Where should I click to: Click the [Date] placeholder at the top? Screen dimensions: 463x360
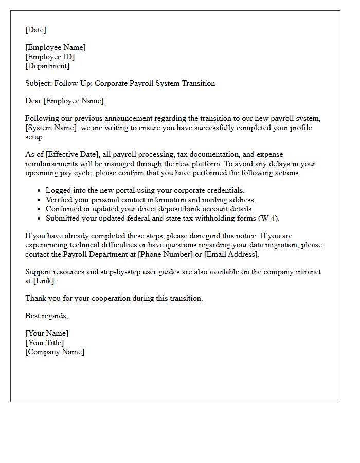(35, 30)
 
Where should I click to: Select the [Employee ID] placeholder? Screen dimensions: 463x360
(50, 57)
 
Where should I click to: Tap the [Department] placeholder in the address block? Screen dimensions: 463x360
(47, 66)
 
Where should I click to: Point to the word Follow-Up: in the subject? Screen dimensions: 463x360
(75, 83)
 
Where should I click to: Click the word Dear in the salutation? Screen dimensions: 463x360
(33, 101)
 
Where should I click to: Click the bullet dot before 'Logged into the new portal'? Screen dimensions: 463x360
(39, 191)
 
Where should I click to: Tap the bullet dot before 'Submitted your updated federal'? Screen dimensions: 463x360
(39, 219)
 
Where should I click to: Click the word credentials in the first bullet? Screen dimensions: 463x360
(221, 190)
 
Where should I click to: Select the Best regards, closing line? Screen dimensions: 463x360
(46, 316)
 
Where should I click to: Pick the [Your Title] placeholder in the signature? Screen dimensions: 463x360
(45, 343)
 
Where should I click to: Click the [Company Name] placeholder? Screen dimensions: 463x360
(55, 352)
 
